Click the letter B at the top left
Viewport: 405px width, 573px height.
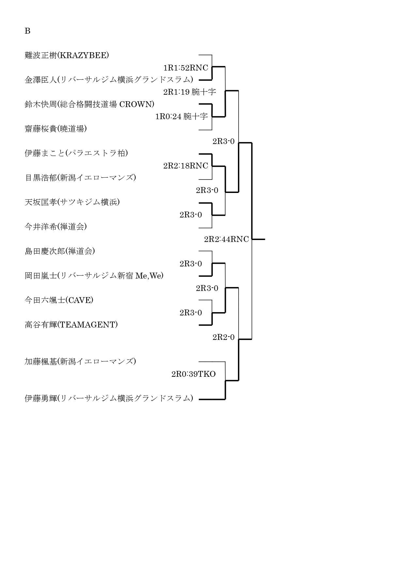click(27, 31)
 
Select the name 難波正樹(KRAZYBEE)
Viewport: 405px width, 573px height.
click(67, 55)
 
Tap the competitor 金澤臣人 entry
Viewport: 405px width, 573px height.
click(109, 80)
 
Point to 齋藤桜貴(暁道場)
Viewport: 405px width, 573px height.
click(56, 129)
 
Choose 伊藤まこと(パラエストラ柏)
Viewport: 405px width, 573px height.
click(76, 153)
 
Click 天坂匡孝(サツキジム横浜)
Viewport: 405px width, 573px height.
click(72, 202)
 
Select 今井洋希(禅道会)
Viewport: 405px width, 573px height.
click(56, 227)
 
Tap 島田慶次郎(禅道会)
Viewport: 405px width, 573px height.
click(60, 251)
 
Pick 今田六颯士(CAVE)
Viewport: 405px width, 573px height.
click(59, 300)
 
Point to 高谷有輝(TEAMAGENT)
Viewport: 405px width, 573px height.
click(71, 325)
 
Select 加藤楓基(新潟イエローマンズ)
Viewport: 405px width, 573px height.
click(80, 361)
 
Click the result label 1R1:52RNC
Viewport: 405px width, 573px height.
click(186, 68)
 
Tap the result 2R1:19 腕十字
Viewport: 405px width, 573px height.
click(190, 92)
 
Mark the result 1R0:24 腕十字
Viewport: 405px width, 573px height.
click(181, 117)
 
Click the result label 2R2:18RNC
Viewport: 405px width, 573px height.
click(186, 166)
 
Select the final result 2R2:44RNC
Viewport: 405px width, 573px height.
click(226, 239)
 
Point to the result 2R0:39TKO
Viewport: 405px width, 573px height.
click(194, 374)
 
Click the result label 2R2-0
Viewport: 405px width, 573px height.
click(224, 337)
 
